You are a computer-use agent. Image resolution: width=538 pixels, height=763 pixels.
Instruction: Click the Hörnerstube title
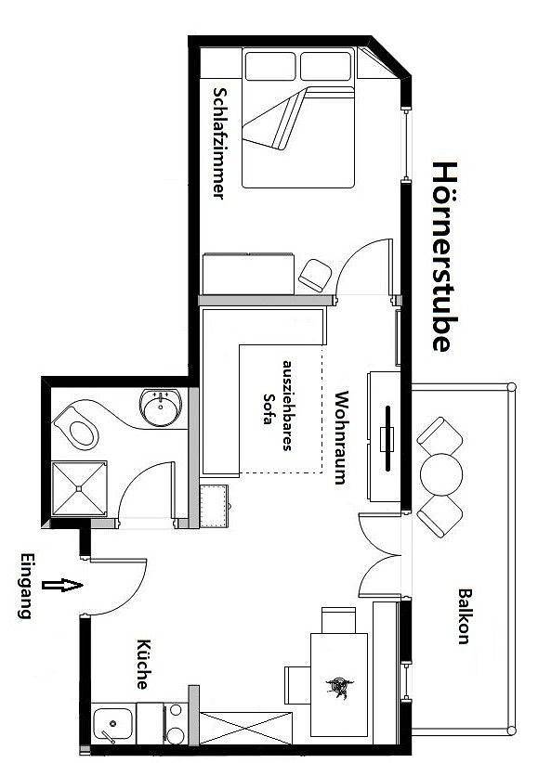point(442,257)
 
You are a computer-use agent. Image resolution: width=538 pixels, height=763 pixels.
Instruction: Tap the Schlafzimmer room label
point(219,143)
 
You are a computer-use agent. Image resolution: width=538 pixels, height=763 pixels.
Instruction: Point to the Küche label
point(144,664)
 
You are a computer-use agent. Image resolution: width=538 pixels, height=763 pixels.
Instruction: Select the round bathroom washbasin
point(161,407)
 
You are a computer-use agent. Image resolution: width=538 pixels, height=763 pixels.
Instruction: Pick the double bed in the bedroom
point(299,119)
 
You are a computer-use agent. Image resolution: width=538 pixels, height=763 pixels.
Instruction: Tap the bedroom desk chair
point(315,273)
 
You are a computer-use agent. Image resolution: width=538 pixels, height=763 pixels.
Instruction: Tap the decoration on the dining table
point(336,688)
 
